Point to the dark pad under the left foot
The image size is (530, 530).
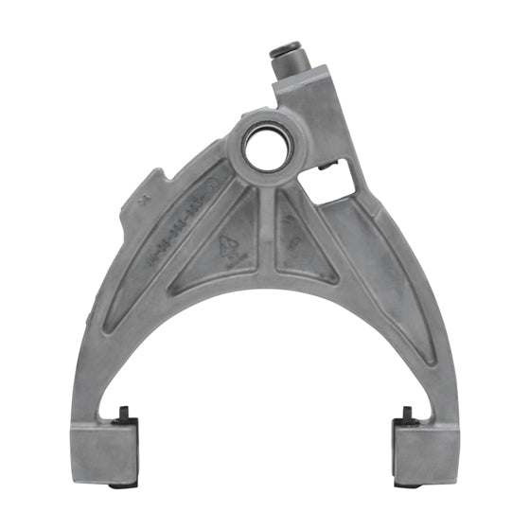[x=119, y=486]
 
